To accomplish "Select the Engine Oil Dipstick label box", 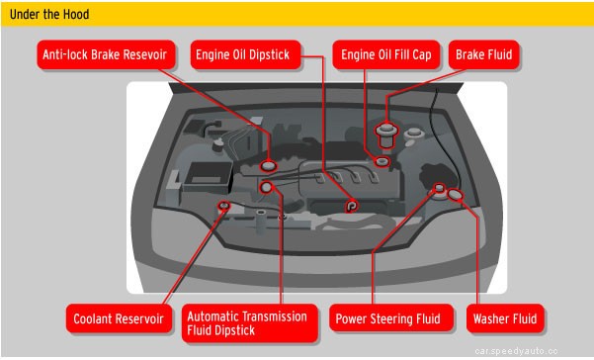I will tap(242, 55).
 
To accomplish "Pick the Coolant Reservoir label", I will tap(119, 318).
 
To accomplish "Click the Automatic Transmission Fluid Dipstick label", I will tap(247, 322).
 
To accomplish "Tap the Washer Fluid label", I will tap(504, 318).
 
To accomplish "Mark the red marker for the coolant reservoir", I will tap(225, 207).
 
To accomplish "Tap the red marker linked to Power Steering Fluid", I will tap(439, 187).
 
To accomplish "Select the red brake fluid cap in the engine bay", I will tap(386, 130).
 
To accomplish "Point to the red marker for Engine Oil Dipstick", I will tap(352, 206).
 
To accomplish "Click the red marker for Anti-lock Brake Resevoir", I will tap(269, 164).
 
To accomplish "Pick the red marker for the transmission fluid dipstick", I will tap(265, 187).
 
